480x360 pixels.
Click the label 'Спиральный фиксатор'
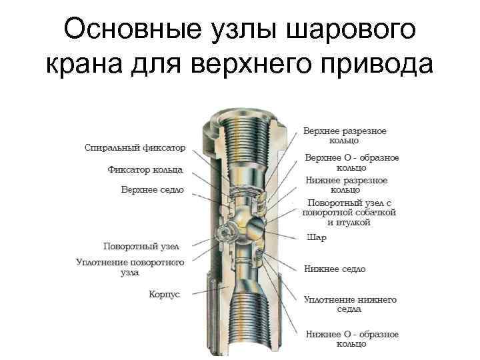pos(135,147)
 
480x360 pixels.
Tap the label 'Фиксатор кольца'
pos(145,169)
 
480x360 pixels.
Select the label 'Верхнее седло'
pos(153,189)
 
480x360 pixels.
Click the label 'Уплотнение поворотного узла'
pos(130,267)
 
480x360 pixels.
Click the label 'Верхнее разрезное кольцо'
pos(345,135)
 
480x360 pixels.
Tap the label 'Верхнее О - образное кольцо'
pos(351,162)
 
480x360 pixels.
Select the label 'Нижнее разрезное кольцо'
pos(346,185)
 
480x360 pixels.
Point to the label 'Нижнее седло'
pos(335,269)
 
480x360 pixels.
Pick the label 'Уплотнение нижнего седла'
pos(350,304)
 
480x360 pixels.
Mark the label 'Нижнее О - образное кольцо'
pos(352,338)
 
